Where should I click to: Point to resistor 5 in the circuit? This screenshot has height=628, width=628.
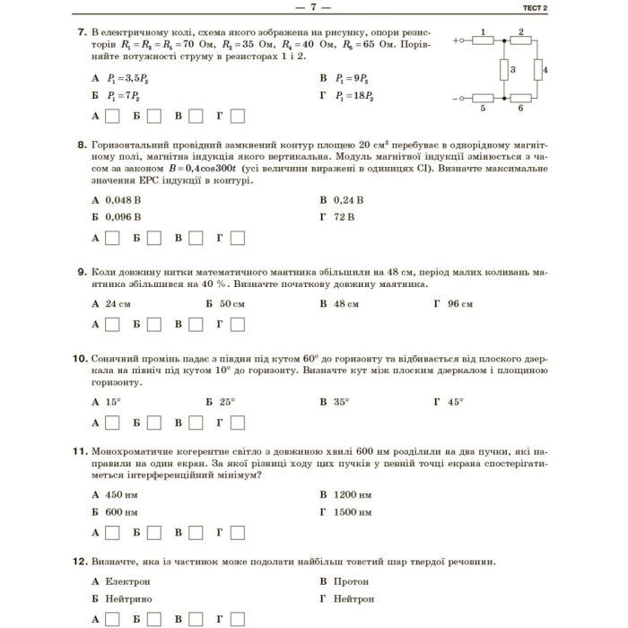[x=483, y=98]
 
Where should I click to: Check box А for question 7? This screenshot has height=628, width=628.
[x=112, y=116]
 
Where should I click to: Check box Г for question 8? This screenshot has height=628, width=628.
[x=237, y=238]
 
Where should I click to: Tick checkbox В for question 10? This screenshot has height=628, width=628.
[x=196, y=423]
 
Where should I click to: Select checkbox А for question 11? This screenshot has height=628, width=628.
[x=112, y=533]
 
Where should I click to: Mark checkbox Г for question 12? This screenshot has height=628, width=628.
[x=237, y=619]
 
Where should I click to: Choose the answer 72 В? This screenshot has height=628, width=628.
[x=344, y=216]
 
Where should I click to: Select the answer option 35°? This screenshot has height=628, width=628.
[x=341, y=402]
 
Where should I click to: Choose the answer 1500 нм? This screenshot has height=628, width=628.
[x=352, y=512]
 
